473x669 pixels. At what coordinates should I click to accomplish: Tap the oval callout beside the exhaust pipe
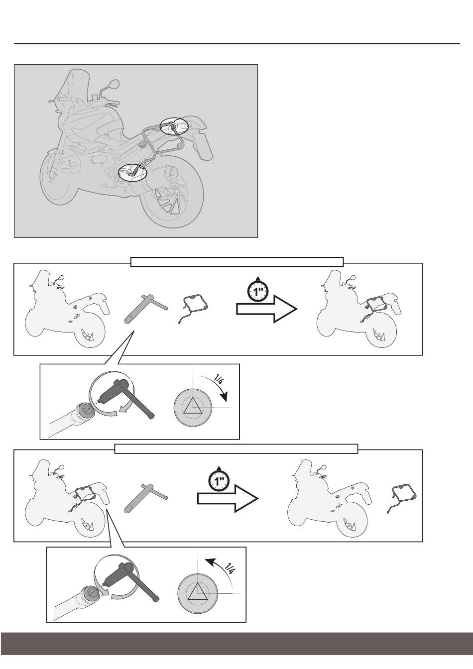(x=119, y=173)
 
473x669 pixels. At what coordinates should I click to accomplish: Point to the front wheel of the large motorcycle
(x=55, y=179)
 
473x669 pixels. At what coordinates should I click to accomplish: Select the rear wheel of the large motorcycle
(x=172, y=197)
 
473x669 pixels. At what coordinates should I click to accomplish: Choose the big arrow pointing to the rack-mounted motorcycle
(x=266, y=309)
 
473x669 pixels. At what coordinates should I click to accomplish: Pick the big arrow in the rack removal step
(x=228, y=498)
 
